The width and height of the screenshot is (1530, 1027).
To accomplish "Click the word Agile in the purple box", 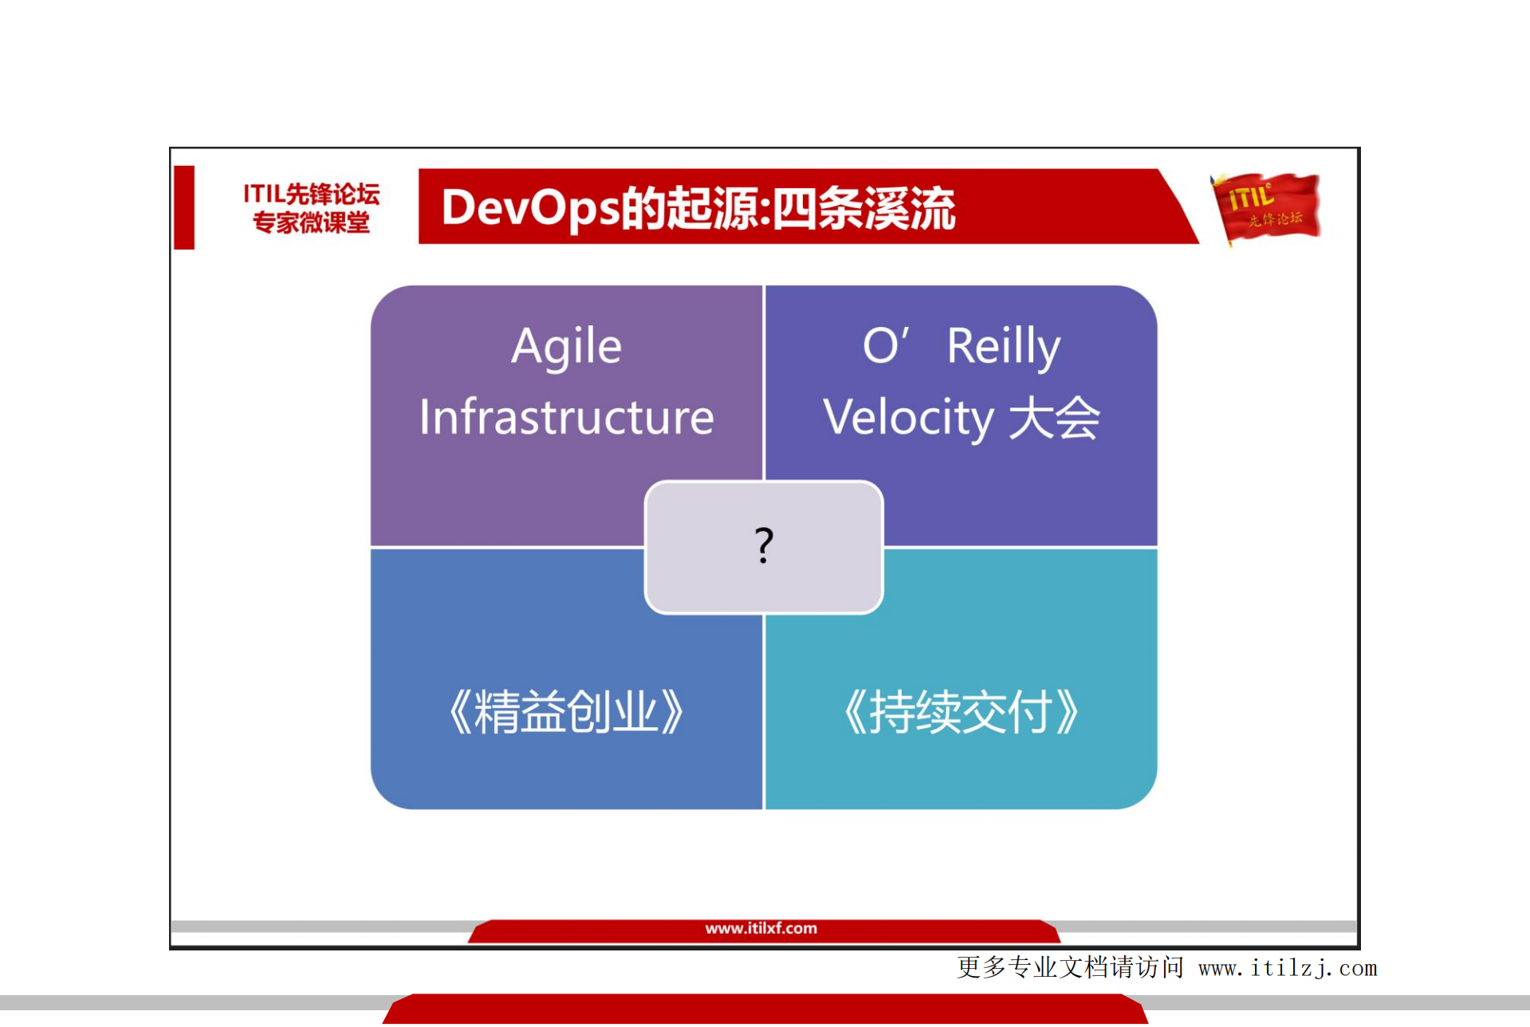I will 566,348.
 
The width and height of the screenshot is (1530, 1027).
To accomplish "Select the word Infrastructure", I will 566,417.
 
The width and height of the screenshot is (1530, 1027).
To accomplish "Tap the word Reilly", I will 1003,348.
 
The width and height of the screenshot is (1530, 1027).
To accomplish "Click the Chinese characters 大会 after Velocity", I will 1054,418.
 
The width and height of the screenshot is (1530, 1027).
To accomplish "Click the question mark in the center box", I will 764,545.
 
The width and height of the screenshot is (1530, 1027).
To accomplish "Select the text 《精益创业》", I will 566,712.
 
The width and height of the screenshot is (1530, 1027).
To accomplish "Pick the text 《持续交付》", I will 961,712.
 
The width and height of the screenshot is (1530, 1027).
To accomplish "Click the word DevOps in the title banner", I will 530,208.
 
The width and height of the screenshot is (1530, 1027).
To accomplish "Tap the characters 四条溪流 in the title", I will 863,208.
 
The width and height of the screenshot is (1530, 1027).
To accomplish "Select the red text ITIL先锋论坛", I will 311,194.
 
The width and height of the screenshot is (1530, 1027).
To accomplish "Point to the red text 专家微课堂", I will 311,222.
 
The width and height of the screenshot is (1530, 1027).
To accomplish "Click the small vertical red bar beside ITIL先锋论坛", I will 184,207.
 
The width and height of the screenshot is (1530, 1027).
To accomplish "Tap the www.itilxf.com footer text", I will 761,929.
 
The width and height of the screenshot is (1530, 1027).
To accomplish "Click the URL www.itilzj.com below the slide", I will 1287,969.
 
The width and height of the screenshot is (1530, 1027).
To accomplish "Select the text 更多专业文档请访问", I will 1070,968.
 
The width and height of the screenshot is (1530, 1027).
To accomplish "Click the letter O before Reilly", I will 880,348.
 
